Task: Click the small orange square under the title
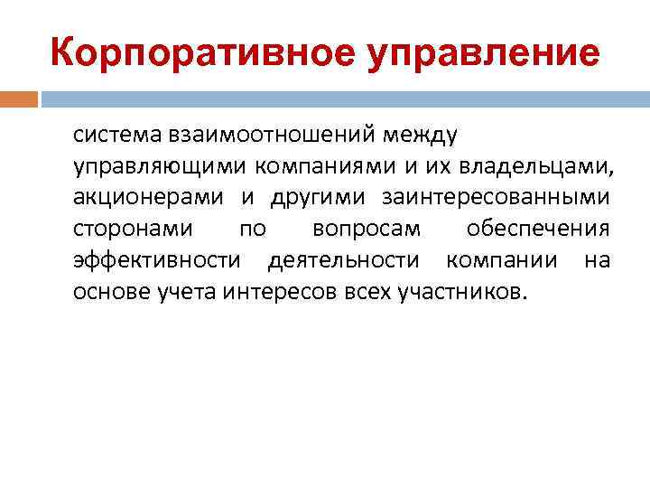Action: [x=19, y=99]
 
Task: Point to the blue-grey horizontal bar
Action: [x=344, y=99]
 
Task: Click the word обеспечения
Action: [x=538, y=230]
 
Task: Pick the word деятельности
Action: [x=343, y=261]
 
